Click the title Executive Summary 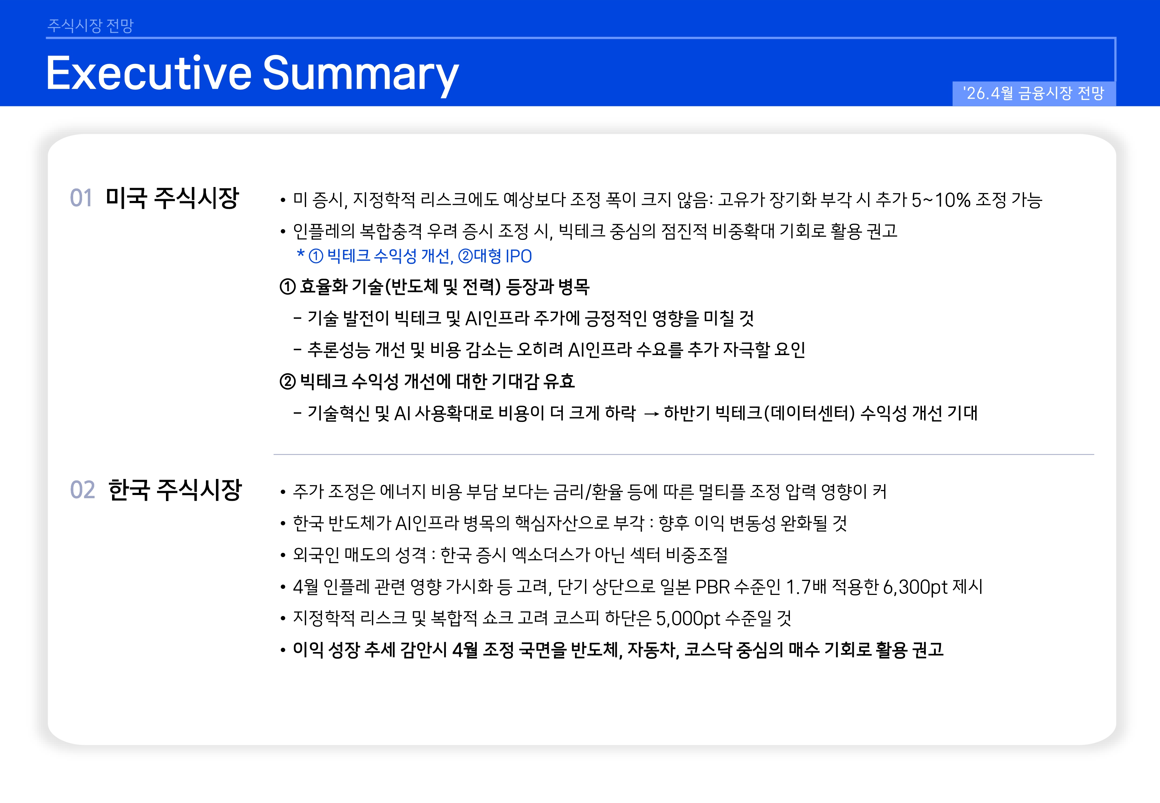coord(252,74)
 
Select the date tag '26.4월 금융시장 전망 coord(1034,93)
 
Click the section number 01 coord(81,198)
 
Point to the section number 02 coord(82,490)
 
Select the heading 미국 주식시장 coord(172,198)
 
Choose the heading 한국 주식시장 coord(175,490)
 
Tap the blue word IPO coord(519,256)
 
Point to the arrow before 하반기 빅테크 coord(651,414)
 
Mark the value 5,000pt coord(688,618)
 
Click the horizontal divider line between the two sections coord(684,454)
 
